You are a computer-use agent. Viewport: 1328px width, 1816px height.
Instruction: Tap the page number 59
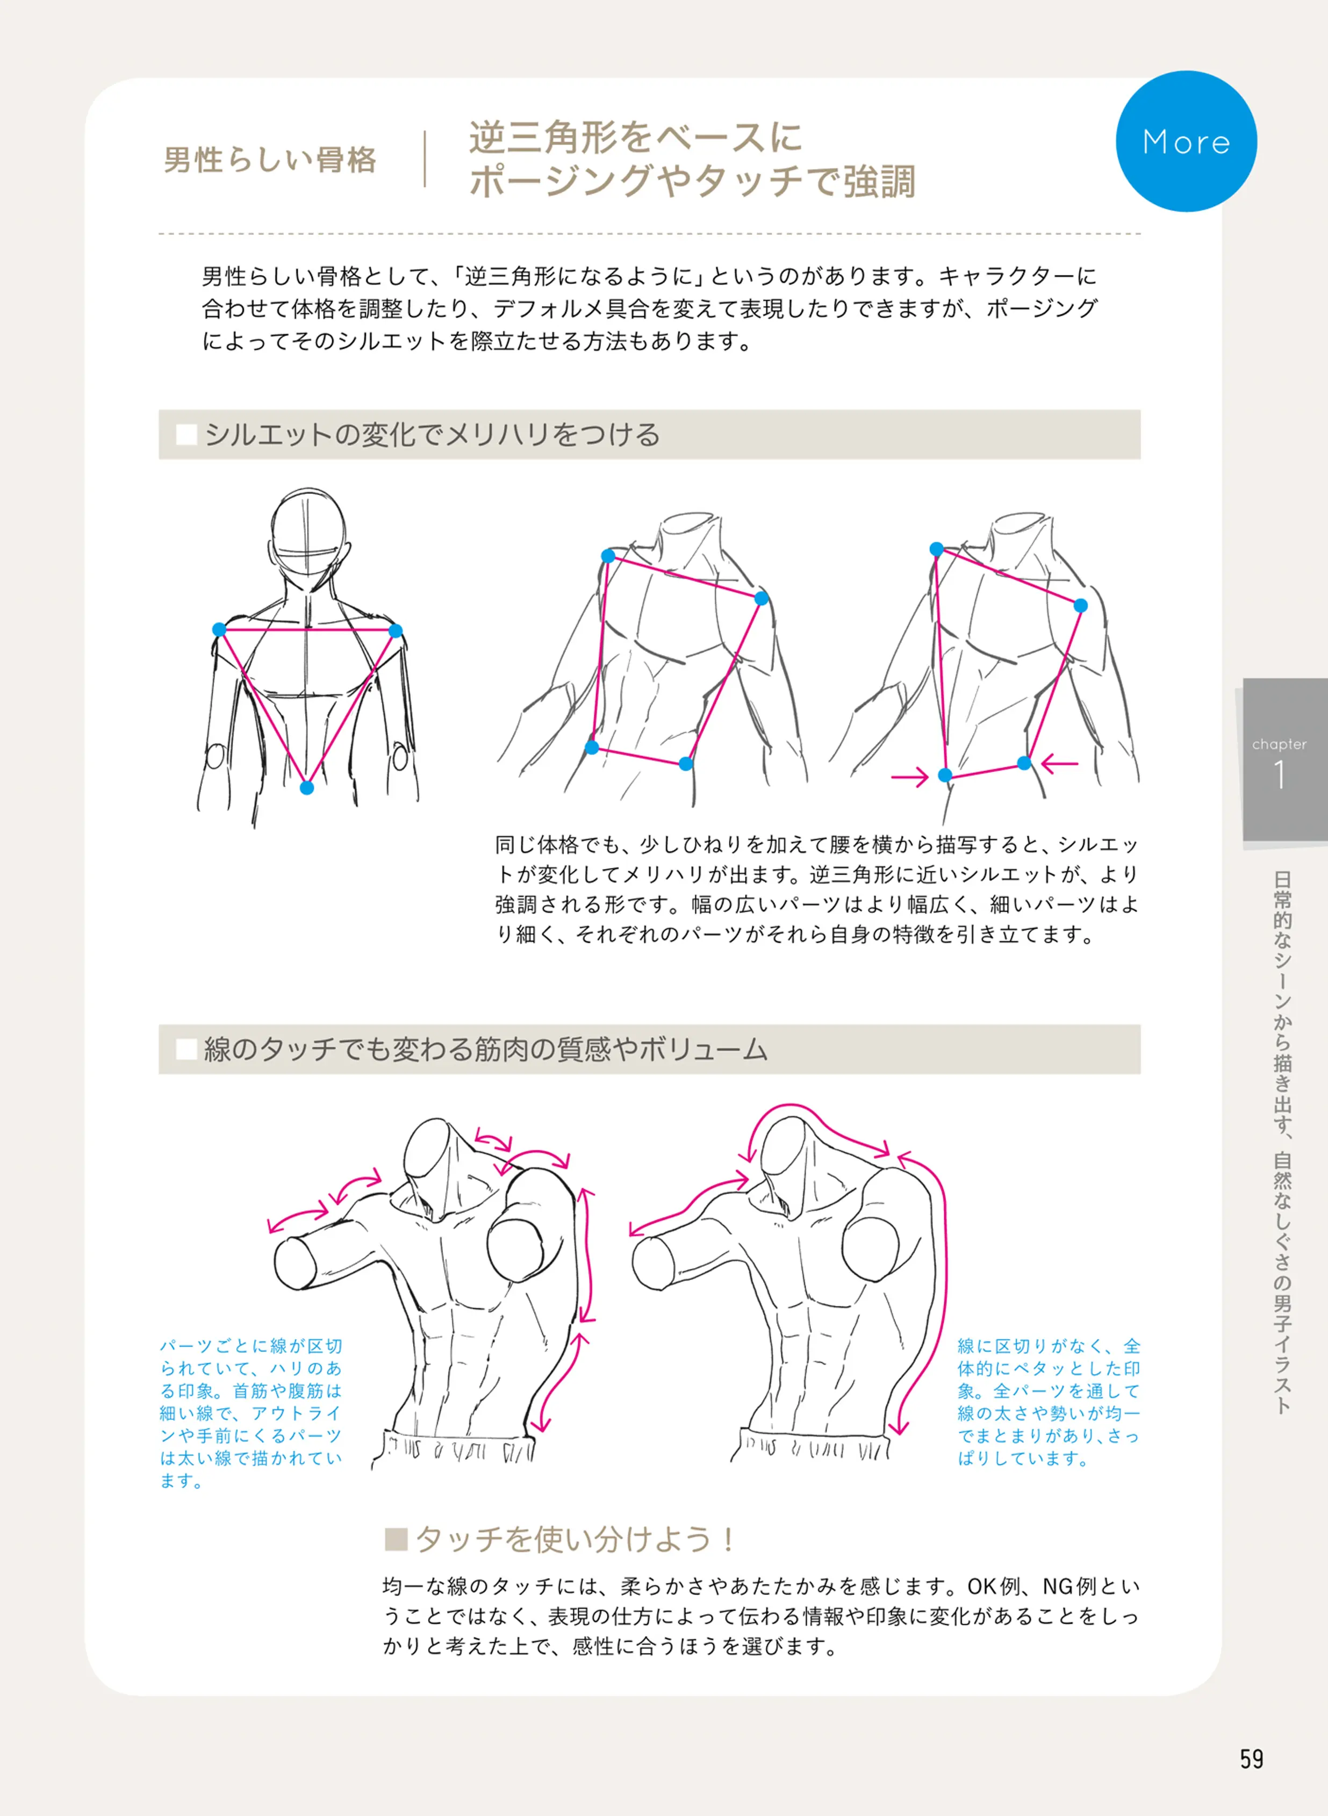(x=1252, y=1759)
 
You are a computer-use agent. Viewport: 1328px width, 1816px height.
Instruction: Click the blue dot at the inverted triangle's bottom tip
(x=306, y=788)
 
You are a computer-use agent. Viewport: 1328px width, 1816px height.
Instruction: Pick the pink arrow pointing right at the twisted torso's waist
(x=909, y=777)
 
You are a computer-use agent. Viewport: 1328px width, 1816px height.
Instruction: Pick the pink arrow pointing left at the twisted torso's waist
(x=1059, y=763)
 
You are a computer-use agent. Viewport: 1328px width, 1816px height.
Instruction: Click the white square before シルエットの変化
(x=186, y=435)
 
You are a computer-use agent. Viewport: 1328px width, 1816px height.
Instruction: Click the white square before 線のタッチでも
(x=186, y=1049)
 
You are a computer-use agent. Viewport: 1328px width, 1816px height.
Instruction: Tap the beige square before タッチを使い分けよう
(x=396, y=1539)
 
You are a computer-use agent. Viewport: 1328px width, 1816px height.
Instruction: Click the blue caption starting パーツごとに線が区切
(x=251, y=1412)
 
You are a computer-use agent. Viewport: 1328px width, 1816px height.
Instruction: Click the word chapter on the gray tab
(x=1279, y=744)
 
